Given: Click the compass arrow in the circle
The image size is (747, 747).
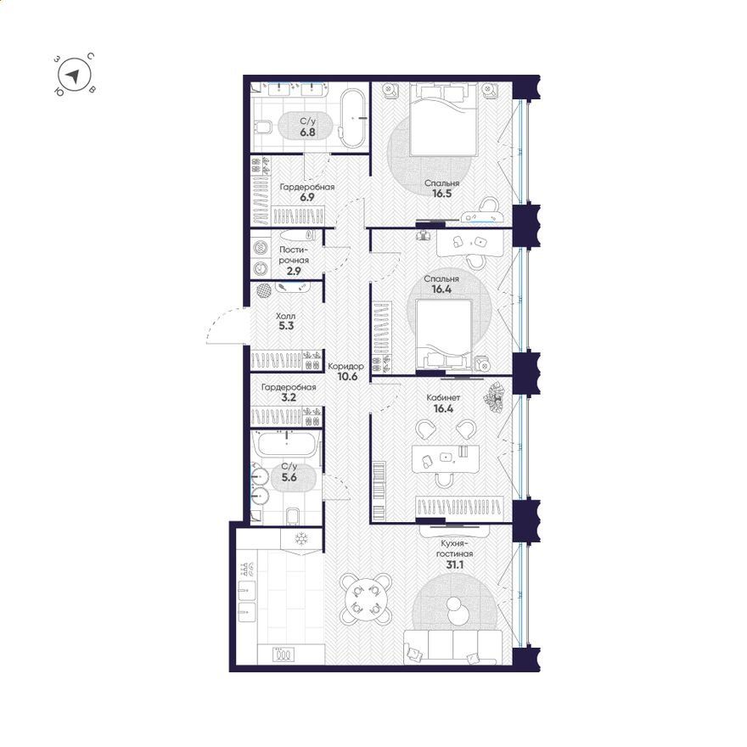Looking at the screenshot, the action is point(73,76).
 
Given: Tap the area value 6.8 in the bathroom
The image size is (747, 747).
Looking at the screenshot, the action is point(307,132).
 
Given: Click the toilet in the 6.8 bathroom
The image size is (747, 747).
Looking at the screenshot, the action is point(262,126).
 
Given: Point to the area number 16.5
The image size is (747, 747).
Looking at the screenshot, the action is point(441,194).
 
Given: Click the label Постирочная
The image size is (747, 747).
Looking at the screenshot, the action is point(294,255).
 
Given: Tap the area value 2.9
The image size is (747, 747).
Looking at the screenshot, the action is point(294,272).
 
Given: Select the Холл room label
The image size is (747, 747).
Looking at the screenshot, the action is point(285,316).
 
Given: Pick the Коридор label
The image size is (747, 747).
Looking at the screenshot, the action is point(345,367).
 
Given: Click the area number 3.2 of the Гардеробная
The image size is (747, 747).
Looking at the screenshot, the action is point(289,398).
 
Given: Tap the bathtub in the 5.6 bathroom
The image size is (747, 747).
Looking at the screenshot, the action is point(285,444).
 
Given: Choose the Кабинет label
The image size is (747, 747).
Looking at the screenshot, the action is point(443,397).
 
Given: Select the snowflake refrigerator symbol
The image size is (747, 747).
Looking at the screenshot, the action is point(301,539).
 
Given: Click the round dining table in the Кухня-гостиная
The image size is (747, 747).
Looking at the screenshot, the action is point(365,598).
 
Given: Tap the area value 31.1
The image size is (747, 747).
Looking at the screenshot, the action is point(455,565).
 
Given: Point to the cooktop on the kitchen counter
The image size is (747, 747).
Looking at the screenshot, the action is point(284,654).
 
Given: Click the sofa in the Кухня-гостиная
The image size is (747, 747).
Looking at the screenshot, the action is point(452,647).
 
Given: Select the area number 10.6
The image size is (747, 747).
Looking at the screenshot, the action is point(347,377).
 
